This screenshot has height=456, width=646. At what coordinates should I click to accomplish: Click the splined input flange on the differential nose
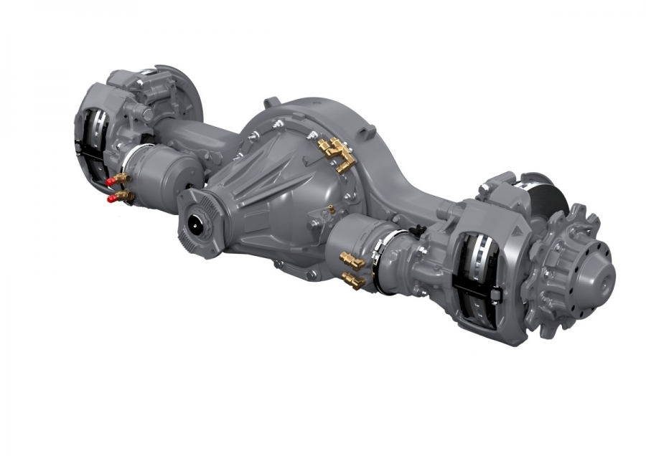195,223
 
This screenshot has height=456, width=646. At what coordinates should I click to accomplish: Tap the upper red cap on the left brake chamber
111,182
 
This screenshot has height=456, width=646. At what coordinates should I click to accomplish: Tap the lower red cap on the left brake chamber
112,199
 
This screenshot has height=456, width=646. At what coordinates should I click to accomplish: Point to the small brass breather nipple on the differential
331,209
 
